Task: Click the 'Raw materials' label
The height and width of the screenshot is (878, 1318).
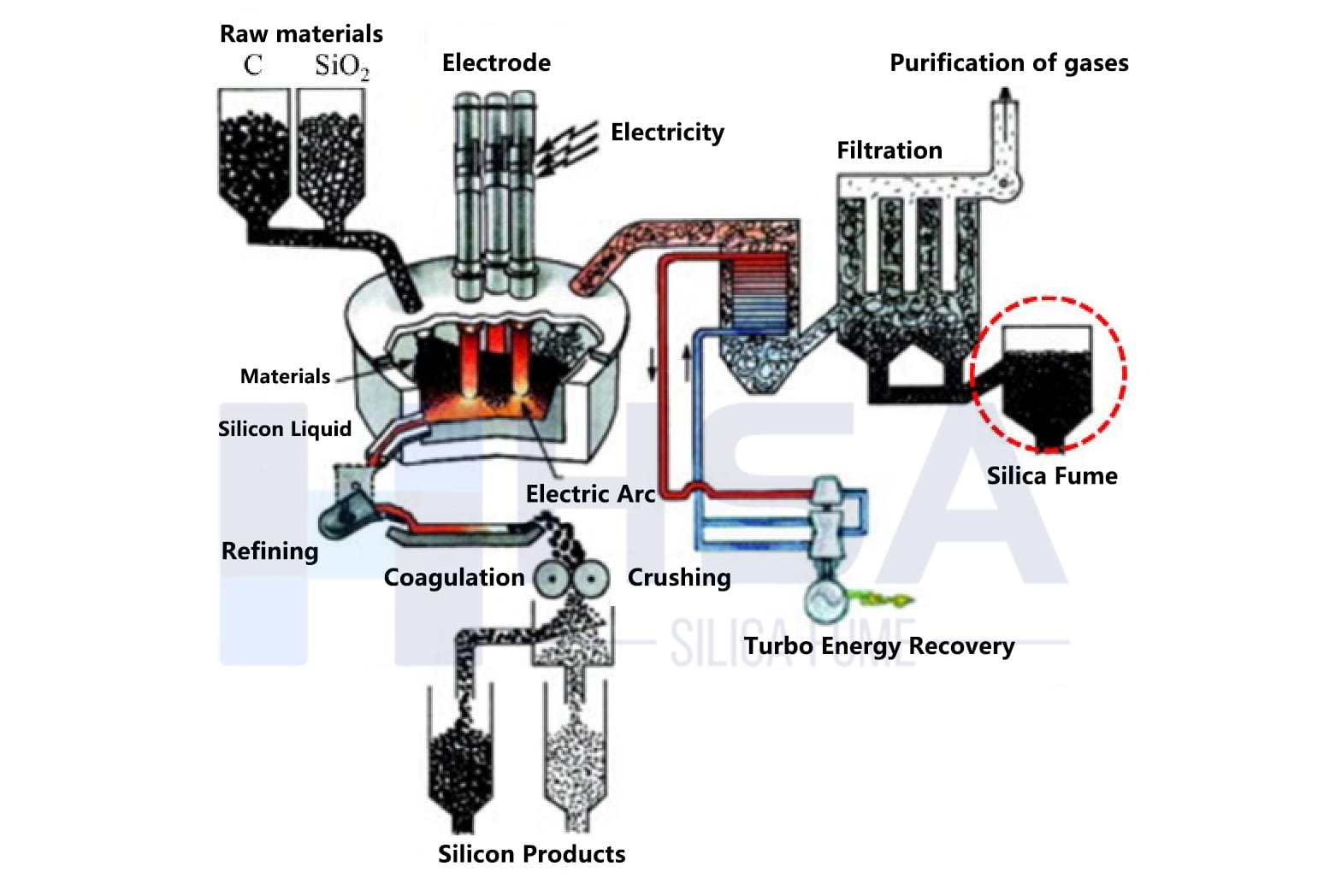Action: (301, 34)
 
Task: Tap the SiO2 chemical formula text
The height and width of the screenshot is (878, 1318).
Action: (341, 66)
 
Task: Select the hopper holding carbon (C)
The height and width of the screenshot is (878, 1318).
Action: (252, 154)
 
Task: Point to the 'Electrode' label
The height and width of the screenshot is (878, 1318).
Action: (496, 63)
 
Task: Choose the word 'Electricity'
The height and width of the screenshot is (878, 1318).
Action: (667, 133)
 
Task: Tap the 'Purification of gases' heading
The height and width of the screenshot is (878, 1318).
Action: (1008, 63)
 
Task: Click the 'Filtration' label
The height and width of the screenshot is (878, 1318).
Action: (889, 150)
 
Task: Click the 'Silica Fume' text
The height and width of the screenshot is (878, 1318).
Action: (1051, 476)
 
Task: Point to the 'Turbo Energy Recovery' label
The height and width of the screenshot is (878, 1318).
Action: (878, 646)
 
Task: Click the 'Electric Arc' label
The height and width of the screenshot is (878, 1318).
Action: (590, 494)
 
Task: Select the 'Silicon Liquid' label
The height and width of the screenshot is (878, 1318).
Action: (284, 429)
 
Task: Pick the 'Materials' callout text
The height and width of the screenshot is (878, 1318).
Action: (285, 377)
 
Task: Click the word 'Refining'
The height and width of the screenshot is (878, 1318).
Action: (269, 551)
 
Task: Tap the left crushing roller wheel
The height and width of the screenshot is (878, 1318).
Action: (553, 579)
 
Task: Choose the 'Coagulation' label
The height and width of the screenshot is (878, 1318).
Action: (453, 578)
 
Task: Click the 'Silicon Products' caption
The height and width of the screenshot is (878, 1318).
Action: (531, 854)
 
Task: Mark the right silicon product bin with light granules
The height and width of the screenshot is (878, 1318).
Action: (576, 761)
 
